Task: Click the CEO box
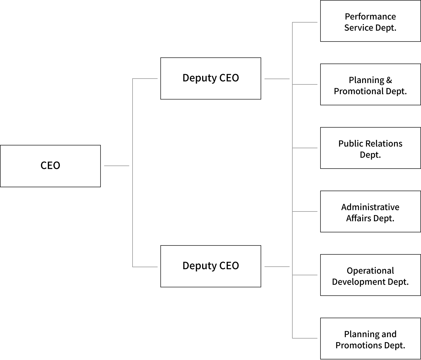pos(50,166)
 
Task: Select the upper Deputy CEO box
pos(210,79)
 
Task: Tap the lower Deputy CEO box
pos(210,266)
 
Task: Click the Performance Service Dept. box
pos(370,21)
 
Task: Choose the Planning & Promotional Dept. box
pos(370,84)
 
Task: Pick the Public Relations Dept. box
pos(370,148)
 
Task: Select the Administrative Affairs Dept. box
pos(370,211)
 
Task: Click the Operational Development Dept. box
pos(370,275)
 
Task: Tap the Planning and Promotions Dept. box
pos(370,338)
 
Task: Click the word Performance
pos(370,16)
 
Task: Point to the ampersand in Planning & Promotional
pos(389,80)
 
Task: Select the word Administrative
pos(370,207)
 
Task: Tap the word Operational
pos(370,271)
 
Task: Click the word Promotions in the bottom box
pos(359,345)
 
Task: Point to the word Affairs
pos(359,218)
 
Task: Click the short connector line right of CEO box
pos(116,166)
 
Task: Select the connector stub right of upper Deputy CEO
pos(277,79)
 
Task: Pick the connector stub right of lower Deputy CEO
pos(277,266)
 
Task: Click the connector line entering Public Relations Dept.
pos(305,148)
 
